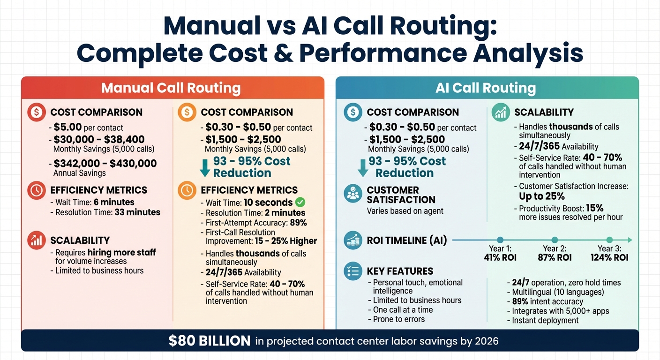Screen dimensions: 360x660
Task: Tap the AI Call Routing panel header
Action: tap(486, 88)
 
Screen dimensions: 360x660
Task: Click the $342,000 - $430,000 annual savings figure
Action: tap(105, 163)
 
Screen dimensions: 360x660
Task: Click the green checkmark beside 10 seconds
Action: tap(300, 202)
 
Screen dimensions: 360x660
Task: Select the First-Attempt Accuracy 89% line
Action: tap(256, 223)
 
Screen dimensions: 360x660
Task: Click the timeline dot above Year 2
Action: tap(555, 240)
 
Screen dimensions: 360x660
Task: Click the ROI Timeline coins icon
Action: tap(352, 240)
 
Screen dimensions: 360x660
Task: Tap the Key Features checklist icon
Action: tap(352, 271)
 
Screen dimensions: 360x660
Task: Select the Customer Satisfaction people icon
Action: tap(352, 194)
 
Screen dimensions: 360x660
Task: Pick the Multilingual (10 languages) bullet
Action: tap(555, 292)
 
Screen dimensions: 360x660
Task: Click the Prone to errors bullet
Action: tap(398, 319)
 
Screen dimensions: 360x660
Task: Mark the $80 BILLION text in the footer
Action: tap(210, 341)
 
